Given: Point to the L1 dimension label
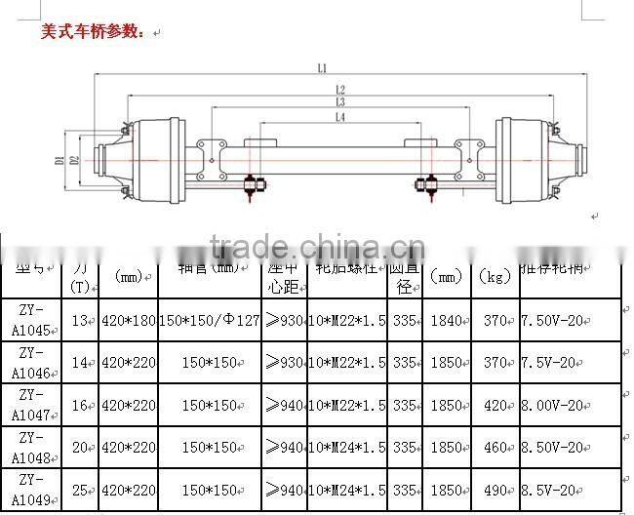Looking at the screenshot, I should [321, 68].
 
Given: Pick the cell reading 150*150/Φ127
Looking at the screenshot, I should [210, 321].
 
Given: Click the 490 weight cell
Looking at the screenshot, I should [496, 492].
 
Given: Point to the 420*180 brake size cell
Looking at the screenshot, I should [129, 321].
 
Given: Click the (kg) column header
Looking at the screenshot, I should [496, 277].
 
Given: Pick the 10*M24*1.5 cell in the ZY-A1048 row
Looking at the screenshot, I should [346, 449].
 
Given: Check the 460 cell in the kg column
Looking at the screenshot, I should [496, 449].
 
